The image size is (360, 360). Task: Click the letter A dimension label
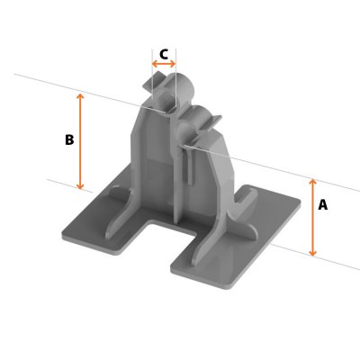pos(323,205)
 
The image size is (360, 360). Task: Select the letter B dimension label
pos(69,140)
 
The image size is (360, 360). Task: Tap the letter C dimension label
pos(164,54)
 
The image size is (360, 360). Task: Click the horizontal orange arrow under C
pos(164,65)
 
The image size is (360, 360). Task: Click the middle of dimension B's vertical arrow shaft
pos(81,140)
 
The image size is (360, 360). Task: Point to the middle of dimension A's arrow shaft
pos(313,218)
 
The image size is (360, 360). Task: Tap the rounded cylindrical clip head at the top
pos(185,90)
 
